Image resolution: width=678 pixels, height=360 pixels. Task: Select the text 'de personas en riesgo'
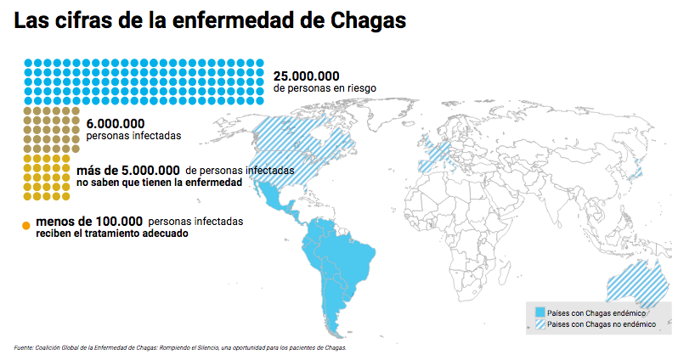coord(325,87)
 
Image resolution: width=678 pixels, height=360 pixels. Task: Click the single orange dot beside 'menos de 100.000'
coord(25,226)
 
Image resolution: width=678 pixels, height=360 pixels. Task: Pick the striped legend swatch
coord(540,324)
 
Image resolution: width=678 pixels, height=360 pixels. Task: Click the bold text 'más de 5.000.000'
coord(127,170)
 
